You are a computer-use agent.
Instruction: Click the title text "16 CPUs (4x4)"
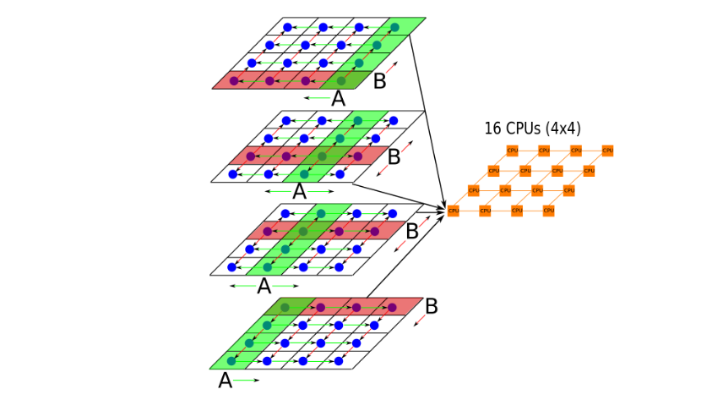click(532, 129)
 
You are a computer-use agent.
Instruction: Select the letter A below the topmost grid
click(338, 99)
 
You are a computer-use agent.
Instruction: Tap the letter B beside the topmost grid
click(380, 82)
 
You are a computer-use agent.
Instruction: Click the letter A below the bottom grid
click(225, 381)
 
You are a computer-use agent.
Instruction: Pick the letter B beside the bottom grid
click(431, 306)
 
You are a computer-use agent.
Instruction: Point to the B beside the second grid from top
click(394, 156)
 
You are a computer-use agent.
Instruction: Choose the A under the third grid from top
click(264, 287)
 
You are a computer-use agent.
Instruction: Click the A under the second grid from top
click(298, 192)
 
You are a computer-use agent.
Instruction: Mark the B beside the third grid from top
click(412, 231)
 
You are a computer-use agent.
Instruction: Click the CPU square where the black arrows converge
click(454, 210)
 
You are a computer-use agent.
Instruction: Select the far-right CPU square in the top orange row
click(607, 151)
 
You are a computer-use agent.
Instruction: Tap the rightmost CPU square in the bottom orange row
click(548, 210)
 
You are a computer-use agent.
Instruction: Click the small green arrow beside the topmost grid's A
click(318, 99)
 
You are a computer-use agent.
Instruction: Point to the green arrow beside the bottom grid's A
click(246, 381)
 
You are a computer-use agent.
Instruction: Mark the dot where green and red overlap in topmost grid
click(340, 81)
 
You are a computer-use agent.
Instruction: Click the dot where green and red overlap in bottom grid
click(285, 306)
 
